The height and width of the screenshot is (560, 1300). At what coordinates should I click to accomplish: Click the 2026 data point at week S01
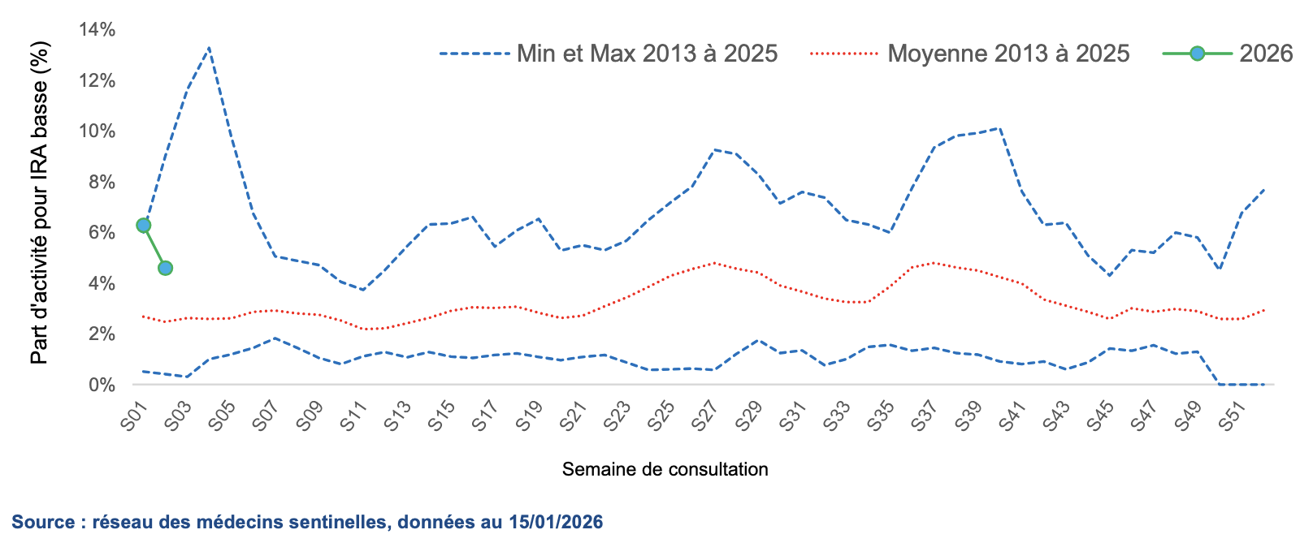tap(144, 226)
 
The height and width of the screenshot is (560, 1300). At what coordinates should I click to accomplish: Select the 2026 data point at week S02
tap(165, 268)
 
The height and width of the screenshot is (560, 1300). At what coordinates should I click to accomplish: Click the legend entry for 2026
tap(1265, 54)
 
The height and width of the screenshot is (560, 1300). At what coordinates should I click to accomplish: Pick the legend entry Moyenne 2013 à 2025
tap(1007, 54)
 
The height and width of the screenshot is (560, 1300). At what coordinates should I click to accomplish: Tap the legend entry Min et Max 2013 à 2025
tap(647, 54)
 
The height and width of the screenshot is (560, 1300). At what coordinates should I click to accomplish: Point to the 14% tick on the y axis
tap(97, 30)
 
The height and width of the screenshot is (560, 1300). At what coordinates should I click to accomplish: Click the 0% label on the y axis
tap(102, 385)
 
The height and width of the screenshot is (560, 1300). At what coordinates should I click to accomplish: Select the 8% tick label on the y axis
tap(102, 182)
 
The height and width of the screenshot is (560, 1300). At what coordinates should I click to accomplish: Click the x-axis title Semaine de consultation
tap(665, 469)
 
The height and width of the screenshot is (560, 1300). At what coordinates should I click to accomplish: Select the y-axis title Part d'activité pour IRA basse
tap(40, 203)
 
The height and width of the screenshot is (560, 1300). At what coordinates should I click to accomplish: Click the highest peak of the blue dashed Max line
tap(210, 48)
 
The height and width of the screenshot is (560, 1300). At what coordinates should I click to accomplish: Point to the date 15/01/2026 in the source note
tap(556, 522)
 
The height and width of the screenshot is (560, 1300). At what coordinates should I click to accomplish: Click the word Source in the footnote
tap(43, 522)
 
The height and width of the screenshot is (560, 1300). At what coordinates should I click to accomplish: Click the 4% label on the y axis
tap(102, 283)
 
